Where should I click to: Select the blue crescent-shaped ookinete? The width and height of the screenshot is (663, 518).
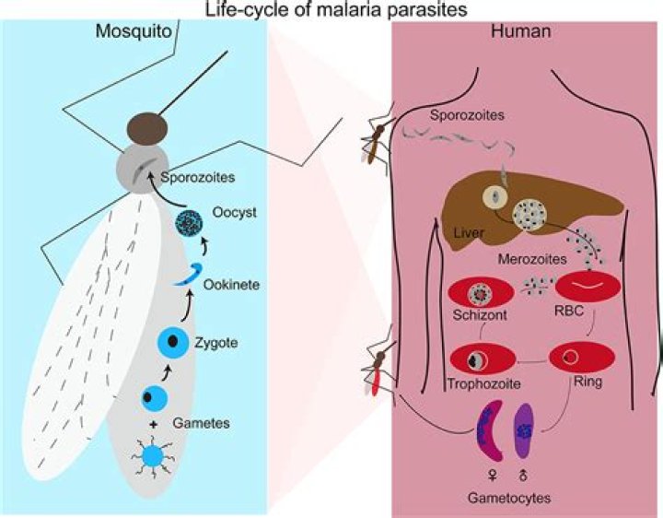point(192,275)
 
